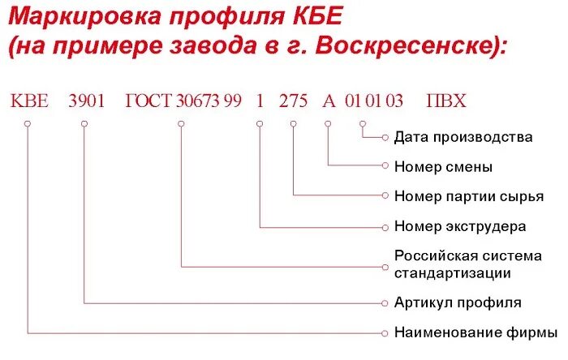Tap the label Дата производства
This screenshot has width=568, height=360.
(463, 137)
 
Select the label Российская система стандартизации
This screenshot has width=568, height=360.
(467, 264)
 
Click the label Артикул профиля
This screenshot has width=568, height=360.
(458, 302)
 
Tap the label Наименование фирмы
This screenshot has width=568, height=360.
(475, 332)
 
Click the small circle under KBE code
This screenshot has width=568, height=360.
(28, 124)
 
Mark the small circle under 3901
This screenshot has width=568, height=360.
(84, 124)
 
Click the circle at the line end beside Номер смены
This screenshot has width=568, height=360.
(385, 166)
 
